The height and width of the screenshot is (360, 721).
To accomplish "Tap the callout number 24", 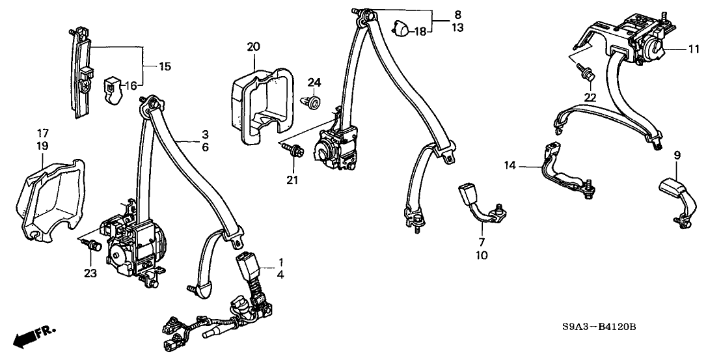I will [315, 82].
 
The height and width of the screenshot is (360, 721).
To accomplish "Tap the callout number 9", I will [677, 155].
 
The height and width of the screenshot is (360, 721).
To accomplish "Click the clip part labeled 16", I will [115, 89].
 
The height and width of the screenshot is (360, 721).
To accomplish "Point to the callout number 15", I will [148, 66].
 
